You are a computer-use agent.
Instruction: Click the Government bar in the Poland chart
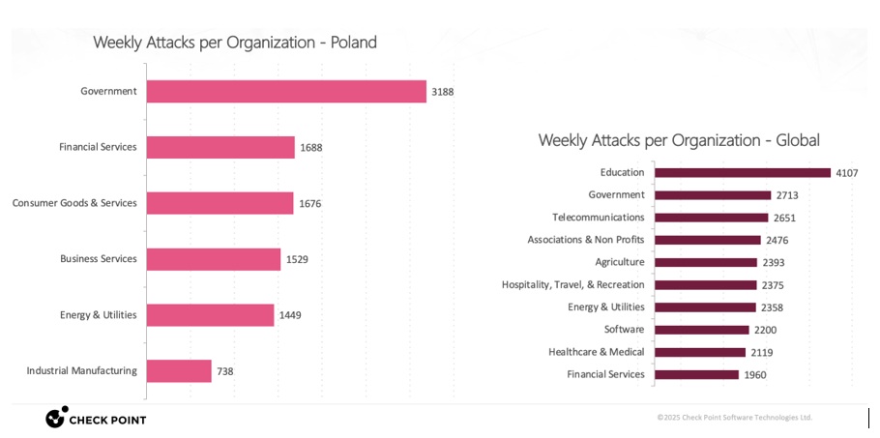coord(286,91)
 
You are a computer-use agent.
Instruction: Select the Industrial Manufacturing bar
coord(179,370)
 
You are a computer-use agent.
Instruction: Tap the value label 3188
coord(442,92)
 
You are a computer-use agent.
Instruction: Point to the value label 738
coord(224,371)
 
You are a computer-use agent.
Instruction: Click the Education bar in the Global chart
coord(742,173)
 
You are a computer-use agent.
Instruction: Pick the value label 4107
coord(847,173)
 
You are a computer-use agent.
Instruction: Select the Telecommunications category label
coord(598,218)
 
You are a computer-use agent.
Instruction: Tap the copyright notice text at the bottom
coord(734,418)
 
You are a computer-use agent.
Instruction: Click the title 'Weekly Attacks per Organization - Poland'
coord(234,43)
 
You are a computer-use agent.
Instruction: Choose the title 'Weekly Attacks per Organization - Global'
coord(679,140)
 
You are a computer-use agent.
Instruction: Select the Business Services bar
coord(214,259)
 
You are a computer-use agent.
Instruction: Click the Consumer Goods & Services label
coord(74,203)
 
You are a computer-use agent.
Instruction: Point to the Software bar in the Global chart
coord(702,330)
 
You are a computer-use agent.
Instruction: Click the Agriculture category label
coord(619,262)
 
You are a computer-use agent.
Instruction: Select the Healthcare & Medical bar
coord(700,352)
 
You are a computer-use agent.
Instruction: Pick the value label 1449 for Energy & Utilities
coord(291,315)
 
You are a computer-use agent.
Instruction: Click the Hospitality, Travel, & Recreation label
coord(572,285)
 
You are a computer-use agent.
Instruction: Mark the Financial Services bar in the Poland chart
coord(220,147)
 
